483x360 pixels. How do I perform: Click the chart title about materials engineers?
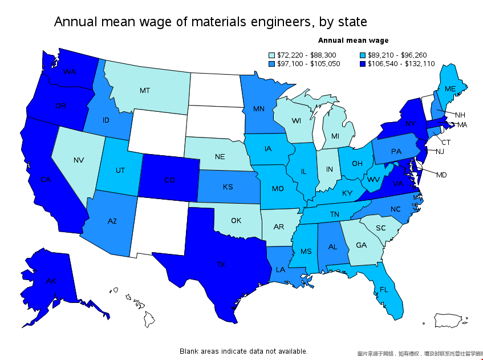point(210,22)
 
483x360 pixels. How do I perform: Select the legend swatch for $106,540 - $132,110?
point(363,64)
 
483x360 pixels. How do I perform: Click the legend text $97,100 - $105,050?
point(309,64)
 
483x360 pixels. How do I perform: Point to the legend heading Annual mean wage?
point(353,41)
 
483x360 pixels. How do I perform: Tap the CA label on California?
point(46,180)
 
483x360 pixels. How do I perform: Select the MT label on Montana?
point(145,90)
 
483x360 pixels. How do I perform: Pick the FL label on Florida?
point(384,289)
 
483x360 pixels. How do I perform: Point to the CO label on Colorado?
point(169,180)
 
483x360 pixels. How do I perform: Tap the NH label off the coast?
point(460,115)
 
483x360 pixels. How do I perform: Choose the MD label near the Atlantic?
point(441,175)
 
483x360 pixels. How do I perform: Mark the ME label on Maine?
point(450,89)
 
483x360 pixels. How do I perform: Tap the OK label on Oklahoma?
point(236,220)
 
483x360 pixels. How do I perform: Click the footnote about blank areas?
point(243,351)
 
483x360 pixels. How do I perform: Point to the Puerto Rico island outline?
point(450,320)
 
